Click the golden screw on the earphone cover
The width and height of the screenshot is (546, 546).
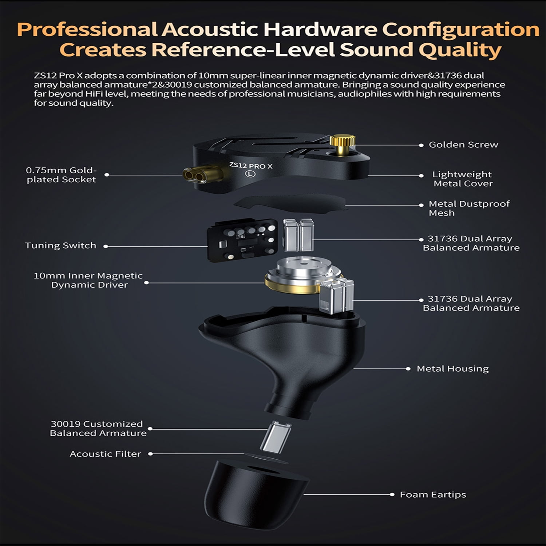[x=343, y=145]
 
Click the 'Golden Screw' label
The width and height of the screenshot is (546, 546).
[x=463, y=145]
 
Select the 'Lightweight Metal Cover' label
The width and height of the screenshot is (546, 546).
[x=463, y=179]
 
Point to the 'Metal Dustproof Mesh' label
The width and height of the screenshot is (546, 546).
[x=469, y=208]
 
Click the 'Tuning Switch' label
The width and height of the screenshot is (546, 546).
[x=60, y=245]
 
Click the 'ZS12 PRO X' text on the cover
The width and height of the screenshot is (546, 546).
[x=251, y=166]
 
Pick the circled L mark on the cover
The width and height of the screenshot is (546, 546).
[x=250, y=174]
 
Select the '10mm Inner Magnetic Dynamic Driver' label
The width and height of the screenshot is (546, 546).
[x=88, y=280]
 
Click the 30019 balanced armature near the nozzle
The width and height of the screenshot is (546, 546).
[x=276, y=437]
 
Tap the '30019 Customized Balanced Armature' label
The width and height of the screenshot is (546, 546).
[x=98, y=428]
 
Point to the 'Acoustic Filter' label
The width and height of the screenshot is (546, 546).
[x=105, y=454]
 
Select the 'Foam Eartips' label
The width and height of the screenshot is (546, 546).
[x=433, y=494]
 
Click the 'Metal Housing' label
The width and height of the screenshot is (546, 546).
[x=452, y=369]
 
